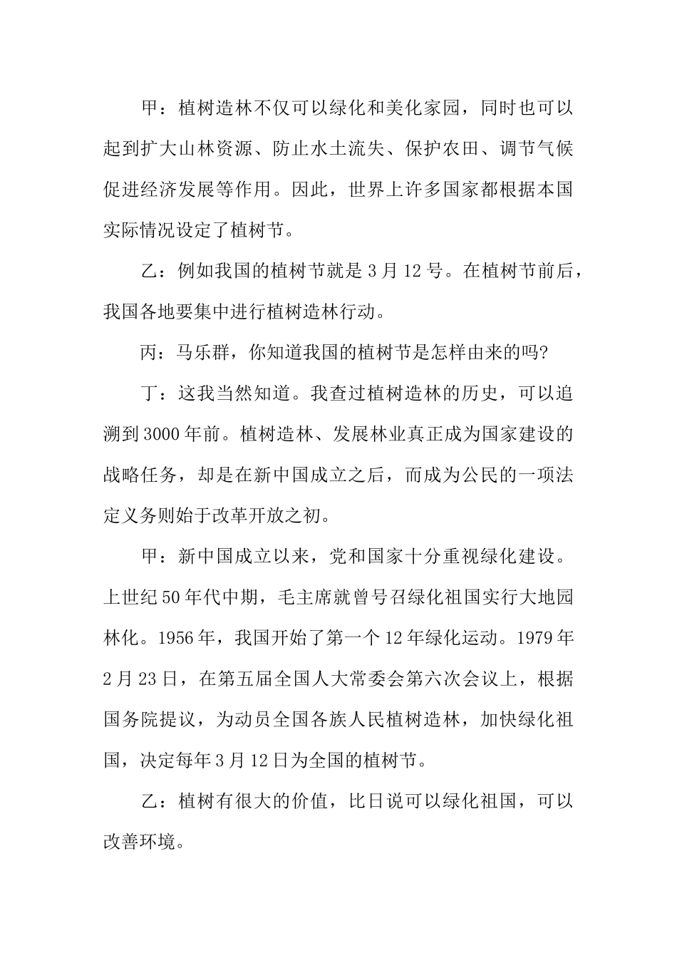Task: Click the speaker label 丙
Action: [150, 351]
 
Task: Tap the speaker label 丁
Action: [150, 392]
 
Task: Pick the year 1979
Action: [533, 638]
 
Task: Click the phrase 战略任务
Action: [140, 475]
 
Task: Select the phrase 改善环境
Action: [140, 843]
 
